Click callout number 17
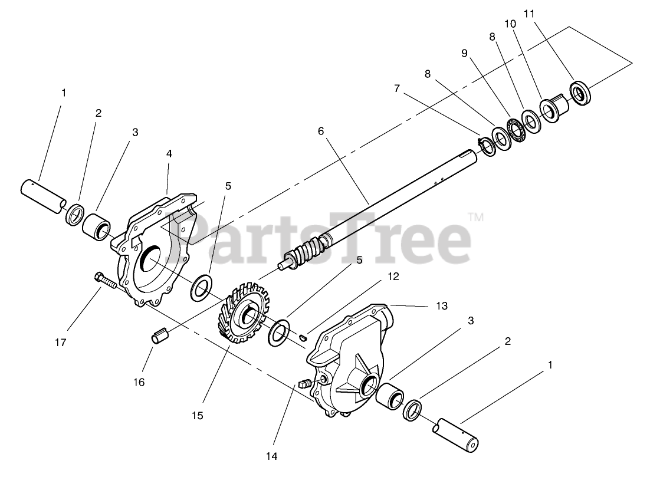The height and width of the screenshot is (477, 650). tap(61, 342)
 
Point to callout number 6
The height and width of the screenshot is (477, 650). tap(321, 131)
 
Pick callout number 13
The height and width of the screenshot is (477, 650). tap(442, 306)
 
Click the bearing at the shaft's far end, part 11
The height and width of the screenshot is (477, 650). tap(581, 93)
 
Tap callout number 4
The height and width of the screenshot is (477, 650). tap(169, 154)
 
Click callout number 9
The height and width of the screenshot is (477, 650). tap(464, 53)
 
